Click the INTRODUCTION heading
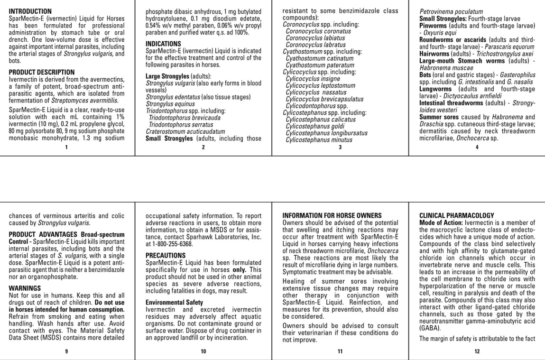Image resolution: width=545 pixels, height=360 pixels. (x=30, y=11)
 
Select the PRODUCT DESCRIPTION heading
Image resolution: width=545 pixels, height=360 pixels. (x=42, y=72)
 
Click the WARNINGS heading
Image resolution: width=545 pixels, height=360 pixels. (x=25, y=288)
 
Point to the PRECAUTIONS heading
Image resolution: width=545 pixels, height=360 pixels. (x=166, y=255)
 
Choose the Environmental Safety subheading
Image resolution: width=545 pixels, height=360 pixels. (x=174, y=302)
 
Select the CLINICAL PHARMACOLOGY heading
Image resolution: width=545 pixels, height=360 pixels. (x=457, y=215)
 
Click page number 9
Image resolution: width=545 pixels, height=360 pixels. (x=66, y=351)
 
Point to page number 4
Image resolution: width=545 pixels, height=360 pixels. (x=477, y=147)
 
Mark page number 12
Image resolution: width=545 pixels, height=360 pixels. (x=477, y=351)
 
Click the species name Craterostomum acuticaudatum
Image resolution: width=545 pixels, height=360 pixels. (x=179, y=131)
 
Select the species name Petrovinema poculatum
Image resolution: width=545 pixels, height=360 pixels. (x=452, y=11)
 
